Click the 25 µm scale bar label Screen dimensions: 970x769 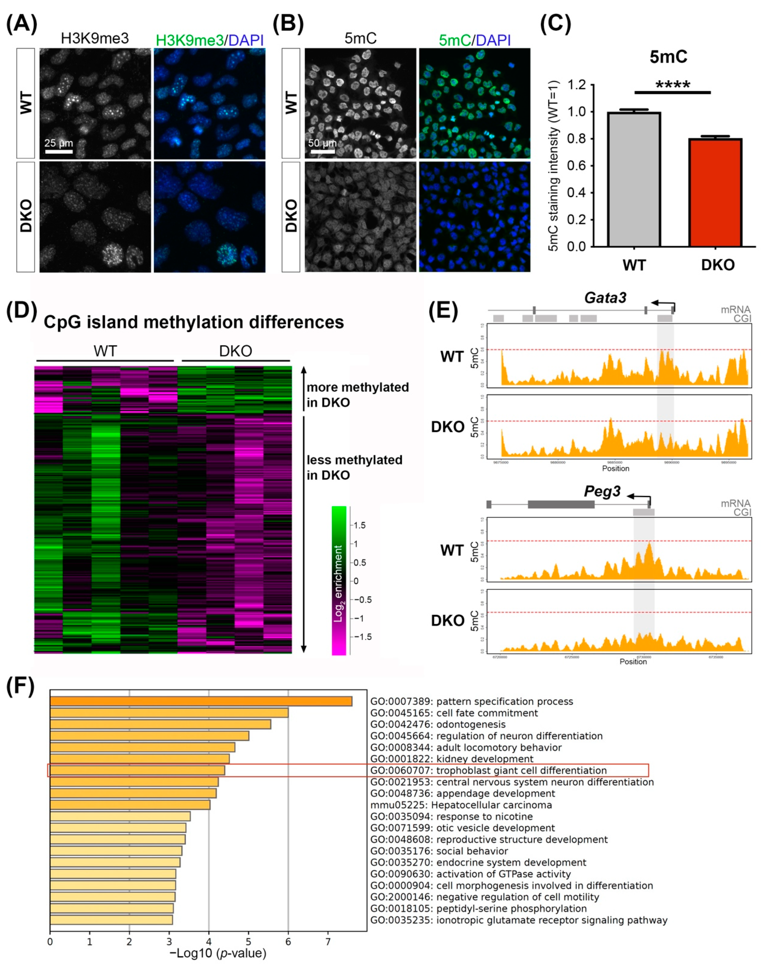(x=58, y=143)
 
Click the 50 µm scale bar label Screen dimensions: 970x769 (x=322, y=143)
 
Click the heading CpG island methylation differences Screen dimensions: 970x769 (x=194, y=322)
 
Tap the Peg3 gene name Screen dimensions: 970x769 (x=602, y=491)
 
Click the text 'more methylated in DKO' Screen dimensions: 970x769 (x=358, y=395)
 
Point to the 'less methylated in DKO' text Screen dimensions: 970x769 (x=354, y=467)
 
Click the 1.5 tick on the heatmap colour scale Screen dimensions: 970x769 (x=359, y=525)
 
